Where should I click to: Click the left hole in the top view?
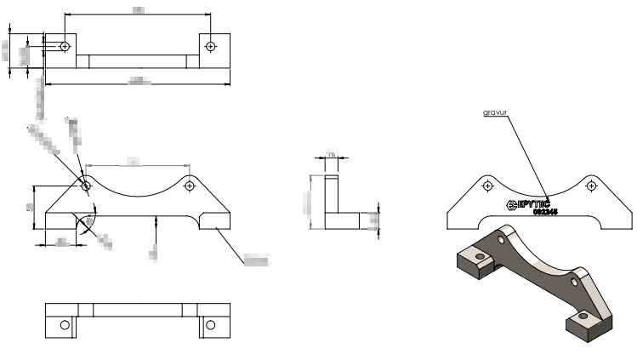66,45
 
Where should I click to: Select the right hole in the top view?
210,45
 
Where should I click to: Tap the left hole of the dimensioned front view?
86,184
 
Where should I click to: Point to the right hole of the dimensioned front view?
190,184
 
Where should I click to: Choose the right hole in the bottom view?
210,324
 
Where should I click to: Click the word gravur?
495,111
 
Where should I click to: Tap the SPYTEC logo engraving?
527,204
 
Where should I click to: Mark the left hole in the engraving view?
488,185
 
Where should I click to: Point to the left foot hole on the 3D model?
480,255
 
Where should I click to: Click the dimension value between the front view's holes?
134,160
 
